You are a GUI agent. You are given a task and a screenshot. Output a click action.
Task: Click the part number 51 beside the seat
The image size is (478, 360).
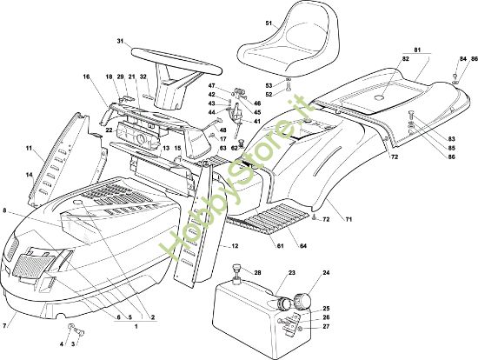click(x=269, y=23)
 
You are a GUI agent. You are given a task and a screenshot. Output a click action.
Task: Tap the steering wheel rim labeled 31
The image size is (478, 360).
click(x=176, y=59)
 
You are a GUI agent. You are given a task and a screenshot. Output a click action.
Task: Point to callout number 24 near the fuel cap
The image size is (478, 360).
click(x=326, y=272)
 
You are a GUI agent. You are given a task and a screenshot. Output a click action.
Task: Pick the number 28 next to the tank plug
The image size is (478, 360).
click(x=257, y=272)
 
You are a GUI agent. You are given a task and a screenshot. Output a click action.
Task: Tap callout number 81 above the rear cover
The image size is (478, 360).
click(x=417, y=50)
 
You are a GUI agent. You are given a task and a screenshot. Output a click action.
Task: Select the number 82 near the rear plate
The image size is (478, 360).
click(x=406, y=59)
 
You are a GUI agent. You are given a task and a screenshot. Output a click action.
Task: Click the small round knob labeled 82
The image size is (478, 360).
click(x=380, y=97)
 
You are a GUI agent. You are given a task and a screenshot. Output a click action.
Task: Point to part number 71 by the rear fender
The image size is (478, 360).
click(x=349, y=219)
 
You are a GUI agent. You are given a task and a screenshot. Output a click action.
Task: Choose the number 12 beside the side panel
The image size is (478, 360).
click(x=235, y=246)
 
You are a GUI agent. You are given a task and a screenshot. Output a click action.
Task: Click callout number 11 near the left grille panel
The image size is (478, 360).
click(x=29, y=149)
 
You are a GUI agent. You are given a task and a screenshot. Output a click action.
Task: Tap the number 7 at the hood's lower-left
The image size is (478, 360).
click(x=4, y=326)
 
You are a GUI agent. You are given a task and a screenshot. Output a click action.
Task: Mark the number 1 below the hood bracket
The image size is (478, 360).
click(x=136, y=326)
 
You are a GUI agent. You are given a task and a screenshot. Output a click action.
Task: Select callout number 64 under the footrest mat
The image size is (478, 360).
click(x=303, y=246)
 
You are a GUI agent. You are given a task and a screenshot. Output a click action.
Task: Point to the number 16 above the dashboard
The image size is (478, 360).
click(x=86, y=77)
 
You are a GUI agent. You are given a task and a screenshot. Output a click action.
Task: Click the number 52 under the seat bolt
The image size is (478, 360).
click(x=269, y=95)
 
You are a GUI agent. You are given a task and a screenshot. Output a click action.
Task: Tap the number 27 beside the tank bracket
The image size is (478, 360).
click(x=326, y=326)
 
